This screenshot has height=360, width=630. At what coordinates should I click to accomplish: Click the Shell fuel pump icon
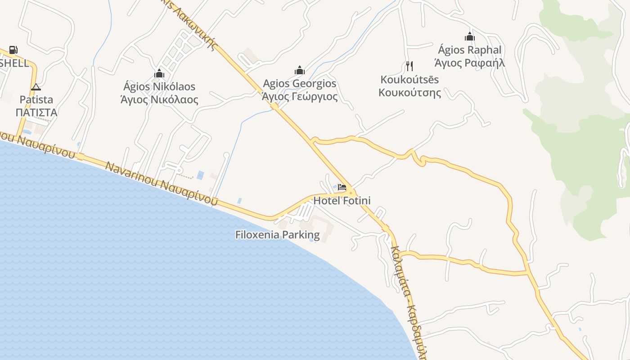[13, 50]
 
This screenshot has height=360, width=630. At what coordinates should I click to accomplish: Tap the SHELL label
[14, 63]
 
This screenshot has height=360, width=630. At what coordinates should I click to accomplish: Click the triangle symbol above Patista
[36, 87]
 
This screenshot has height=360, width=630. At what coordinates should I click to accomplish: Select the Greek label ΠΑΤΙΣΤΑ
[36, 112]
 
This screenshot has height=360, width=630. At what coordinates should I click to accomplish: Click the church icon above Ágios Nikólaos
[159, 73]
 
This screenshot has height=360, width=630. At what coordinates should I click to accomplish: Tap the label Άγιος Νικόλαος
[159, 99]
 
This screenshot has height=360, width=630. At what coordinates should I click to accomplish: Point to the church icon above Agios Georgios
[300, 70]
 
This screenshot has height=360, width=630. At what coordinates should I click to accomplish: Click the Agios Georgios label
[300, 84]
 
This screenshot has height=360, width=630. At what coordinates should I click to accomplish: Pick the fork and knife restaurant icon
[409, 66]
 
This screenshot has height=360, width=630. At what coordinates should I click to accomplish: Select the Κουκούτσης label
[409, 93]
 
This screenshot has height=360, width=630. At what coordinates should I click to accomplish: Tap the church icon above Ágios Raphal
[470, 36]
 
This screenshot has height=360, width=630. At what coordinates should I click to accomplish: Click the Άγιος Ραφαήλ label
[470, 63]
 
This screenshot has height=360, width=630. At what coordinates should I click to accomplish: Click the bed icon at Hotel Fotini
[342, 187]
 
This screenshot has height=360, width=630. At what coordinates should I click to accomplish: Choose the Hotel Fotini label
[342, 201]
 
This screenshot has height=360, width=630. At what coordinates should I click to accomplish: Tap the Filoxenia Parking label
[278, 234]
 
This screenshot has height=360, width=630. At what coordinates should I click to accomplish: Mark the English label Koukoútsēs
[409, 80]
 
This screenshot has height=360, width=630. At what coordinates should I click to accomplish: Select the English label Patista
[36, 99]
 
